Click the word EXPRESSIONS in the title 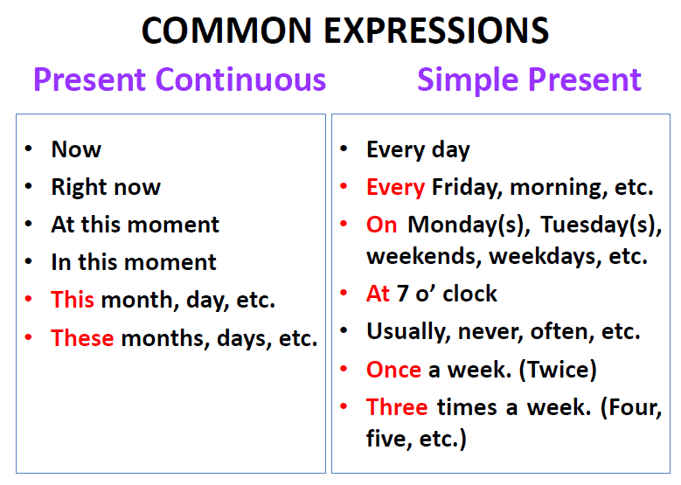pos(436,31)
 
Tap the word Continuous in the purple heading pos(240,80)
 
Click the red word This pos(72,299)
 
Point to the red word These pos(82,337)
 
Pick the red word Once pos(393,370)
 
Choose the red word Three pos(397,407)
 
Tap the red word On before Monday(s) pos(381,225)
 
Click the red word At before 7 pos(378,293)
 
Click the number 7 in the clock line pos(403,294)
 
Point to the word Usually pos(407,332)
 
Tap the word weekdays pos(545,257)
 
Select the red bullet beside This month pos(29,299)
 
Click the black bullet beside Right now pos(29,187)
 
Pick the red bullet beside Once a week pos(344,369)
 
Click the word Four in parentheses pos(635,408)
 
